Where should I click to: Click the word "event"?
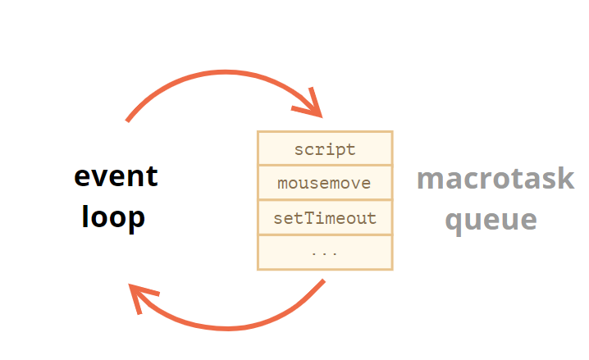pyautogui.click(x=116, y=176)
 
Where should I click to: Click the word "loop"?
pyautogui.click(x=113, y=217)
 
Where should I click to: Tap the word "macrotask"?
pyautogui.click(x=495, y=178)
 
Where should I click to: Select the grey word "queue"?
pyautogui.click(x=491, y=221)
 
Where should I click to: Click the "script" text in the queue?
pyautogui.click(x=325, y=150)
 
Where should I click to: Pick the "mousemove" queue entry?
pyautogui.click(x=324, y=183)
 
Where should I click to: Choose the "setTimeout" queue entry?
pyautogui.click(x=325, y=218)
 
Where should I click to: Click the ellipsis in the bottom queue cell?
pyautogui.click(x=325, y=253)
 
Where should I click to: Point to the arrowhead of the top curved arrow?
pyautogui.click(x=322, y=117)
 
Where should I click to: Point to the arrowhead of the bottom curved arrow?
pyautogui.click(x=130, y=285)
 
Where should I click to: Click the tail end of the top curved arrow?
pyautogui.click(x=127, y=121)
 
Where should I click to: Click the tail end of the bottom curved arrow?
pyautogui.click(x=324, y=280)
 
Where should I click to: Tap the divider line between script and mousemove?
pyautogui.click(x=326, y=165)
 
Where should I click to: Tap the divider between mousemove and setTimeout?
pyautogui.click(x=326, y=200)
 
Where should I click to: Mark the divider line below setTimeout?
pyautogui.click(x=326, y=235)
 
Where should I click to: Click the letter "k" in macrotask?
pyautogui.click(x=567, y=178)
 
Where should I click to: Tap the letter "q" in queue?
pyautogui.click(x=454, y=223)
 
